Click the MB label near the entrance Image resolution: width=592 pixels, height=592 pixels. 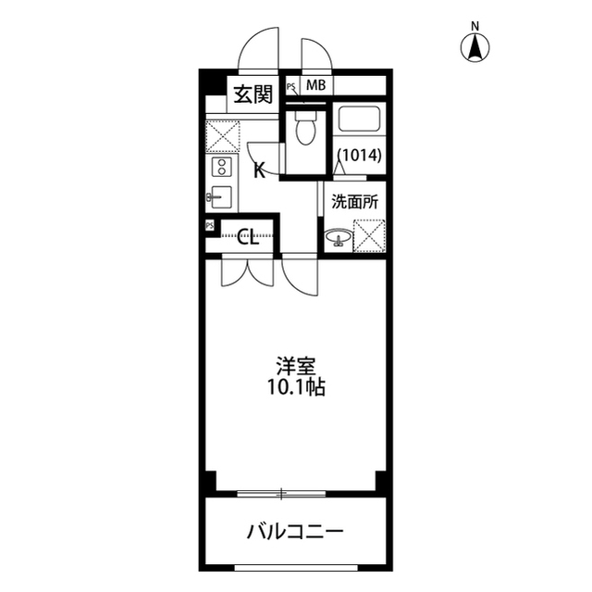315,86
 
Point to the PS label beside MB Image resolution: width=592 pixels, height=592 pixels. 291,87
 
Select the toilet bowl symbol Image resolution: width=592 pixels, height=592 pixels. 303,131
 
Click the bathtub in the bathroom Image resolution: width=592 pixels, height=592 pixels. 358,120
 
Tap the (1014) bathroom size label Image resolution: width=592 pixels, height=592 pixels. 358,155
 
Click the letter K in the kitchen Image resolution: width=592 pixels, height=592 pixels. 260,170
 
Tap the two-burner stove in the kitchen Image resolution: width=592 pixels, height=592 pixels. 222,168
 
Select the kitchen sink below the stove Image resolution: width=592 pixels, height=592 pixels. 221,195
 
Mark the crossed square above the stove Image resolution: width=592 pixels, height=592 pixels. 222,136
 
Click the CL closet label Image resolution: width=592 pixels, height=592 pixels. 248,236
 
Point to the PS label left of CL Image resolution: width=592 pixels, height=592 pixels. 210,226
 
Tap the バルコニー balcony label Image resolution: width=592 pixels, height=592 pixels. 295,532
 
